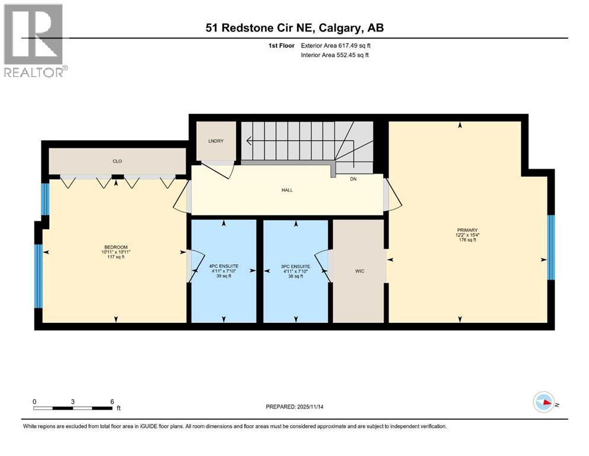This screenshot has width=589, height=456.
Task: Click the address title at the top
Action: (x=294, y=28)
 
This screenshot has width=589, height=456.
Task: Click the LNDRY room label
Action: (x=215, y=141)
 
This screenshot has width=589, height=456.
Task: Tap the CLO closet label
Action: (x=117, y=161)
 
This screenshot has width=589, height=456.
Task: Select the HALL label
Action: (x=287, y=190)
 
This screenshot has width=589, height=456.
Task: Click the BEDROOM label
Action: (x=116, y=247)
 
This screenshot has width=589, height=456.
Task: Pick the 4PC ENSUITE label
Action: (x=223, y=267)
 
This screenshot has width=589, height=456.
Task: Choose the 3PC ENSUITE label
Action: (x=295, y=267)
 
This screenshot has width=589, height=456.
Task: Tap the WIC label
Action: (x=359, y=271)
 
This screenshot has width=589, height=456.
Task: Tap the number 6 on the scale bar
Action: (x=112, y=401)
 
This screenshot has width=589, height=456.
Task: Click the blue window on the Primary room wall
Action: (x=551, y=247)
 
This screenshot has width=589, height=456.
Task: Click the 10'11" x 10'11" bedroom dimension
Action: (x=116, y=252)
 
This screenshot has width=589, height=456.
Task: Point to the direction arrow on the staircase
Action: (x=249, y=141)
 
